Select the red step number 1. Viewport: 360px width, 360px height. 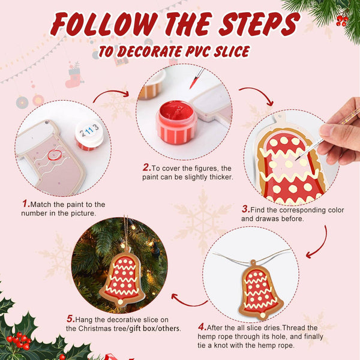pyautogui.click(x=26, y=205)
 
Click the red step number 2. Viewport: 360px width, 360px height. pyautogui.click(x=146, y=168)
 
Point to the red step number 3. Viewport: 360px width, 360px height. pyautogui.click(x=245, y=209)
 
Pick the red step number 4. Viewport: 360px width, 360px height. pyautogui.click(x=202, y=327)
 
